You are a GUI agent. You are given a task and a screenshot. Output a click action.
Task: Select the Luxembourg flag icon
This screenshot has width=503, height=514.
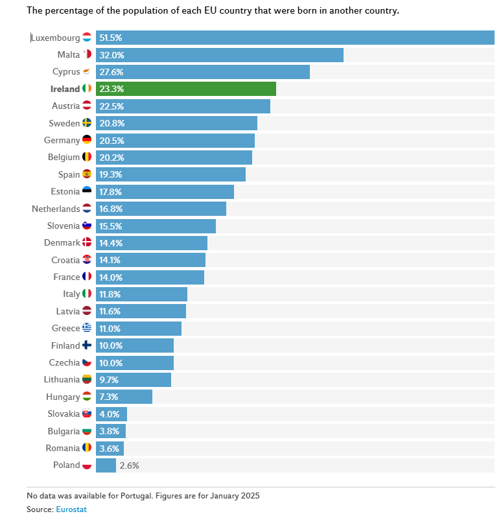[87, 38]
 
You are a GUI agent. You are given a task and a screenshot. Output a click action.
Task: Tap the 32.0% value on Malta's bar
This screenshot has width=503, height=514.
[111, 55]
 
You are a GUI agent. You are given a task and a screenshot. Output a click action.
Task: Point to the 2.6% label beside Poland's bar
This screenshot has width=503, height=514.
[130, 465]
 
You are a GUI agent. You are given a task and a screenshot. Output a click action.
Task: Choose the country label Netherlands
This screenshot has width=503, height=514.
[56, 209]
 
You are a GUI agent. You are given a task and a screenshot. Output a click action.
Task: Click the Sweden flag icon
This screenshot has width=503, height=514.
[87, 123]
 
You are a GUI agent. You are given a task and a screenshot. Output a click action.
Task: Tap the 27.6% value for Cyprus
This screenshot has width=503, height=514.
[111, 72]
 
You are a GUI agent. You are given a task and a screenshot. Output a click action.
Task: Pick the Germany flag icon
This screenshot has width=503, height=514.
[87, 140]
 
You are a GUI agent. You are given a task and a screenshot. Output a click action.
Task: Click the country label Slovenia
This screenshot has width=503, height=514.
[64, 226]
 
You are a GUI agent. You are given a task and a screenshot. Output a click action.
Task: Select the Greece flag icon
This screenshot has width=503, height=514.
[87, 328]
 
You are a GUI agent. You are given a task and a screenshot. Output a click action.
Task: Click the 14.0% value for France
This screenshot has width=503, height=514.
[111, 277]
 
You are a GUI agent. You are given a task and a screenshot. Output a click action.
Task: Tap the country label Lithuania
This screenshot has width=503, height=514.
[62, 380]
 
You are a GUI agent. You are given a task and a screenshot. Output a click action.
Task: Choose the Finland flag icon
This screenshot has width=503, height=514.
[87, 345]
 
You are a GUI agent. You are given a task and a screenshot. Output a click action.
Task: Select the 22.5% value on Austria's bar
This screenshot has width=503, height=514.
[111, 106]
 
